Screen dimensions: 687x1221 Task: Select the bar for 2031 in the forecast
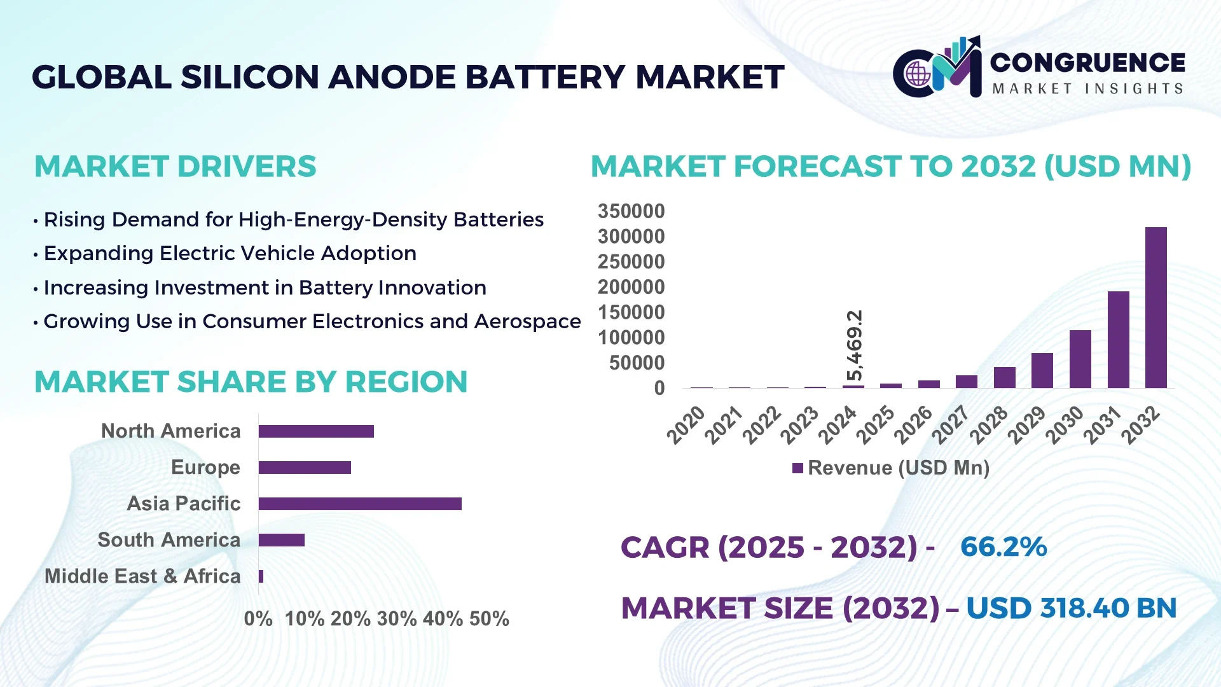(1118, 340)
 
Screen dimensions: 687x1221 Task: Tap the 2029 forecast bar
(1042, 370)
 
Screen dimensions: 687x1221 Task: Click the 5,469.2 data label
(855, 345)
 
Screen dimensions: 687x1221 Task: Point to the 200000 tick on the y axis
(631, 287)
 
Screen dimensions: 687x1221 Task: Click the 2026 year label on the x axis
(913, 425)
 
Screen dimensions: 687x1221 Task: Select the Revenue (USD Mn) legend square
(797, 468)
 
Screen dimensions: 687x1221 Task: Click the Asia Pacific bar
(360, 504)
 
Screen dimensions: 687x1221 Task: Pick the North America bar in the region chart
(316, 431)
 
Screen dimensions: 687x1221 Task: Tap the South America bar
(281, 540)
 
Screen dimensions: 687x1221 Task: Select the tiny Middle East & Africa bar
(261, 576)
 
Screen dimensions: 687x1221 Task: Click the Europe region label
(205, 468)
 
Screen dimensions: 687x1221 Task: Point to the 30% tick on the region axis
(396, 618)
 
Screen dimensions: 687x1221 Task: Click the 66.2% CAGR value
(1003, 547)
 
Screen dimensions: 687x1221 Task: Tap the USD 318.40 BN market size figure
(1071, 608)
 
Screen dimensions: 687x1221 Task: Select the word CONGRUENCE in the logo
(1087, 62)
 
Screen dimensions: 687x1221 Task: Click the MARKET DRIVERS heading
(175, 167)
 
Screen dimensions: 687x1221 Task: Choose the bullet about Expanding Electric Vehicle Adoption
(230, 253)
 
